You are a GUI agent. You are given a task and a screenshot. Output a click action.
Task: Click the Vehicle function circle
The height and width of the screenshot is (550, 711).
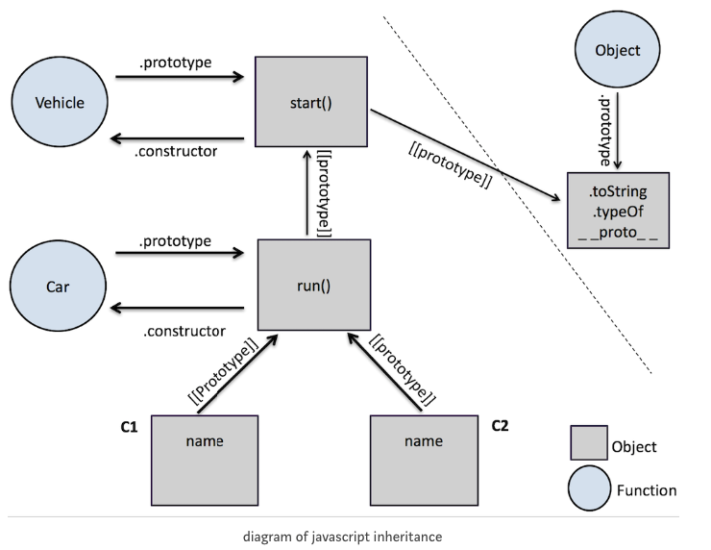coord(60,103)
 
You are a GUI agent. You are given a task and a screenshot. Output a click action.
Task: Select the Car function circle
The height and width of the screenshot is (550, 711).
coord(60,287)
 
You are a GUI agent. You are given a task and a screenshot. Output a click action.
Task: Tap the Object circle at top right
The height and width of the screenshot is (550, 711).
coord(617,50)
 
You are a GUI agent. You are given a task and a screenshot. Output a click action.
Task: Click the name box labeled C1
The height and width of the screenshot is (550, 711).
coord(204,459)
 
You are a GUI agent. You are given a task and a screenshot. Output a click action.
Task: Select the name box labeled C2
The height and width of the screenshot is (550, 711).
coord(424,459)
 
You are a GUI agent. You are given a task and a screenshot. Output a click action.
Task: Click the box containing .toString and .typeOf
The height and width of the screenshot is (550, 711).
coord(617,211)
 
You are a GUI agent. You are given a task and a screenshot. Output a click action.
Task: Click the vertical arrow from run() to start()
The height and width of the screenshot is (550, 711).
coord(307,192)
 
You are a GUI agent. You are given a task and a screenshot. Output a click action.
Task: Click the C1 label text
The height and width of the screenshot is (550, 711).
coord(129,425)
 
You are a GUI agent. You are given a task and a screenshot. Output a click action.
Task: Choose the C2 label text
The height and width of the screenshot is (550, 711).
coord(501,424)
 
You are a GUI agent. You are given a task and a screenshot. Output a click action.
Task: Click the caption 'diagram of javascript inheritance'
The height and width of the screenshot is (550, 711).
coord(342,535)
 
